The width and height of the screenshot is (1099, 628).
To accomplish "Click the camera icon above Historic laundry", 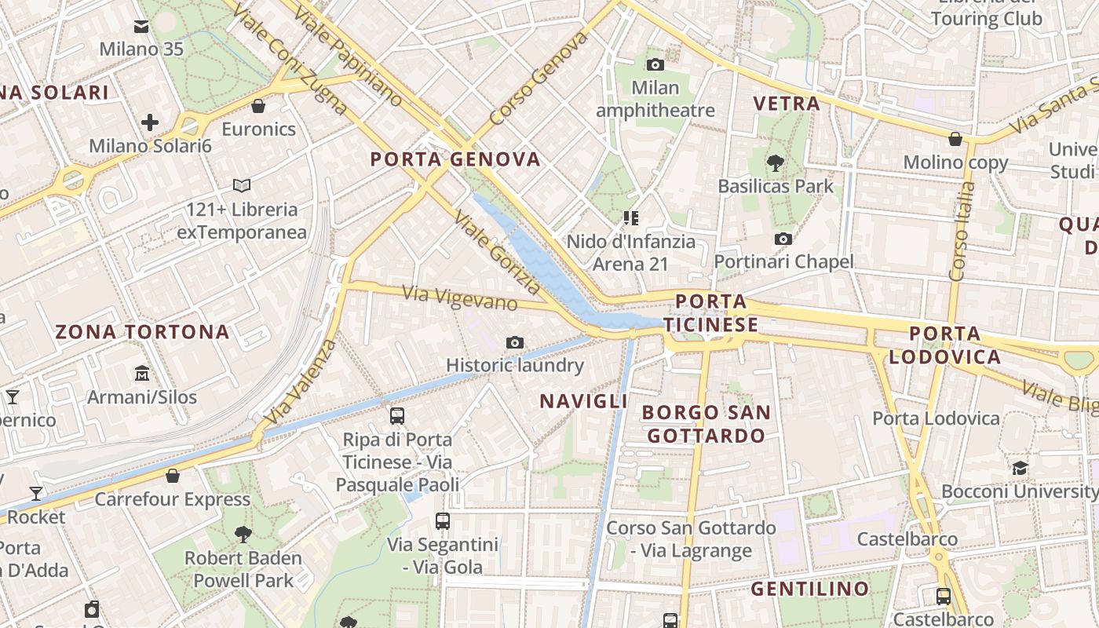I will [515, 342].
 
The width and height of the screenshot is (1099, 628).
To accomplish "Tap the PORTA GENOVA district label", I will [455, 159].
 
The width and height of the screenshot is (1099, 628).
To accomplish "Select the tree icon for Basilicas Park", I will [776, 163].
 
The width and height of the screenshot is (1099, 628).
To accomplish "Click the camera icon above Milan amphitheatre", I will [655, 64].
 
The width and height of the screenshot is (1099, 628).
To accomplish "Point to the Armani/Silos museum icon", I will [142, 373].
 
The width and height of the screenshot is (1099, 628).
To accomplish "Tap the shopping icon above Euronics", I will [258, 106].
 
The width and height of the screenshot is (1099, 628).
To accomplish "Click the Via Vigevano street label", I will [460, 298].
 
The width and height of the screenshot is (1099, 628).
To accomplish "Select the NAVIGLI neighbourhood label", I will [583, 401].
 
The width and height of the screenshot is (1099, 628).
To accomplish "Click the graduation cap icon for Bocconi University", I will [1020, 469].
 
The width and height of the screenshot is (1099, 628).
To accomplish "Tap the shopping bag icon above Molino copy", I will [955, 140].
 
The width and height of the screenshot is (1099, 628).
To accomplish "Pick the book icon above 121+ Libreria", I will [242, 186].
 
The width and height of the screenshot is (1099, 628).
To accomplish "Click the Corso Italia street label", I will [962, 232].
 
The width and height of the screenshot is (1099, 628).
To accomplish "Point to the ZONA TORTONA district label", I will [142, 332].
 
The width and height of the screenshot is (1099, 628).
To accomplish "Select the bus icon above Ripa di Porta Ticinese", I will [397, 416].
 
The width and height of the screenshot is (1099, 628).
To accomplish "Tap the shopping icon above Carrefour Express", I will [173, 476].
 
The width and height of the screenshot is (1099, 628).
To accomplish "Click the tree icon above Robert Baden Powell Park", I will [243, 535].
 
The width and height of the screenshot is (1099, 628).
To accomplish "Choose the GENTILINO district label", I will [810, 589].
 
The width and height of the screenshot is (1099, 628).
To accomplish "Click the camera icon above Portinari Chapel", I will [783, 239].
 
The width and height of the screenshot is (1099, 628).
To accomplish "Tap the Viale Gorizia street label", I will [497, 252].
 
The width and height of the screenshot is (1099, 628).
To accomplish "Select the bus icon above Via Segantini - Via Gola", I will [443, 520].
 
